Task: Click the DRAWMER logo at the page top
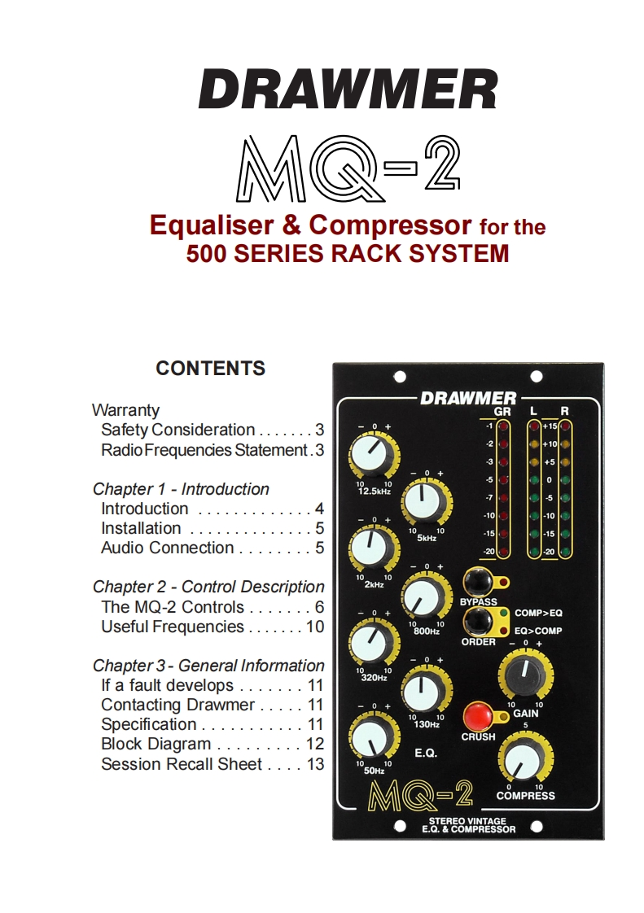(348, 90)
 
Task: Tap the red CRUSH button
(477, 717)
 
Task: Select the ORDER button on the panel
(478, 622)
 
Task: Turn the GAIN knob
(525, 674)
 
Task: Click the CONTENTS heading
(210, 368)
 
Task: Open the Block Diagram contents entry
(156, 744)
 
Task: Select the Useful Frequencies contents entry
(172, 627)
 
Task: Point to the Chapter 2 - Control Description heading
(208, 587)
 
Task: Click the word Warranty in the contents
(125, 410)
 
